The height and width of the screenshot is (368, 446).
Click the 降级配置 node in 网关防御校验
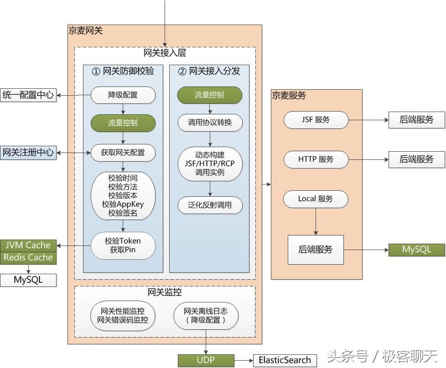pos(123,95)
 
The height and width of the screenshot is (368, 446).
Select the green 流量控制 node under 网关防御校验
pos(123,123)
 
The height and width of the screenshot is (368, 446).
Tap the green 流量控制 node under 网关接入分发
pos(209,95)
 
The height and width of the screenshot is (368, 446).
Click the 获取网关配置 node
pos(123,152)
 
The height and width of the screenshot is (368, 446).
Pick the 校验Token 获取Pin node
pos(123,245)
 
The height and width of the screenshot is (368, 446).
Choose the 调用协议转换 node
pos(209,123)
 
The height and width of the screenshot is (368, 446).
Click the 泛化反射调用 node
pos(209,205)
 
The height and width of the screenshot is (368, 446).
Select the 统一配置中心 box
pos(28,95)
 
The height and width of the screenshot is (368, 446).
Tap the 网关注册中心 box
pos(28,153)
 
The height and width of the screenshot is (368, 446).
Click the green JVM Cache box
pos(28,245)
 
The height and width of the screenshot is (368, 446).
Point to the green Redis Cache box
pos(28,257)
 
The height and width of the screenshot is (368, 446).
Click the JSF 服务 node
pos(316,120)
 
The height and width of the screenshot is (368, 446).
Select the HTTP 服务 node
pos(316,159)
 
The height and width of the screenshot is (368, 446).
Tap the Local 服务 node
pos(316,199)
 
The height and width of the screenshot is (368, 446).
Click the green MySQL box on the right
pos(416,250)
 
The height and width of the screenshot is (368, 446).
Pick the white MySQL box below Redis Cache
pos(28,280)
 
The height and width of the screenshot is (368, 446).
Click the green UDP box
pos(206,360)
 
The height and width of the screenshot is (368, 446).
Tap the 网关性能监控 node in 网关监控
pos(123,316)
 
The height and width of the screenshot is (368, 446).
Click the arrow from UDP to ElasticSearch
pos(244,360)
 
